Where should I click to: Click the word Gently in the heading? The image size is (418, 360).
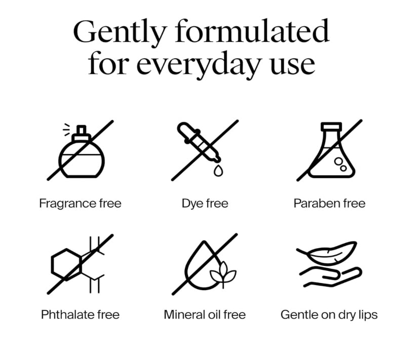(120, 32)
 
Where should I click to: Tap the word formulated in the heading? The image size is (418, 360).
(252, 30)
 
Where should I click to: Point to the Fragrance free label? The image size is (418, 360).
(80, 204)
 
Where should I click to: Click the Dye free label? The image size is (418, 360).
(205, 204)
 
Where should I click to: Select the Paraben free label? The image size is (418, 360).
(329, 204)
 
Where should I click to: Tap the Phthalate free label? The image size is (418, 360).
(80, 315)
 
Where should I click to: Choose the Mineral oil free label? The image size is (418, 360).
(205, 315)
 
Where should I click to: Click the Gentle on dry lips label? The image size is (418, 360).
(329, 315)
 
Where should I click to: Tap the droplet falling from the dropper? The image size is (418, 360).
(218, 171)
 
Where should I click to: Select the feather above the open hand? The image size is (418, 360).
(327, 253)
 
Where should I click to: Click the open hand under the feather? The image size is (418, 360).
(330, 277)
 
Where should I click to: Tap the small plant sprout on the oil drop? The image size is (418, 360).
(223, 274)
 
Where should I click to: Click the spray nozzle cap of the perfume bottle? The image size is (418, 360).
(81, 133)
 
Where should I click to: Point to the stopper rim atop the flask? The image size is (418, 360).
(331, 126)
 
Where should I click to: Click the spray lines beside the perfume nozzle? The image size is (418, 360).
(66, 130)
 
